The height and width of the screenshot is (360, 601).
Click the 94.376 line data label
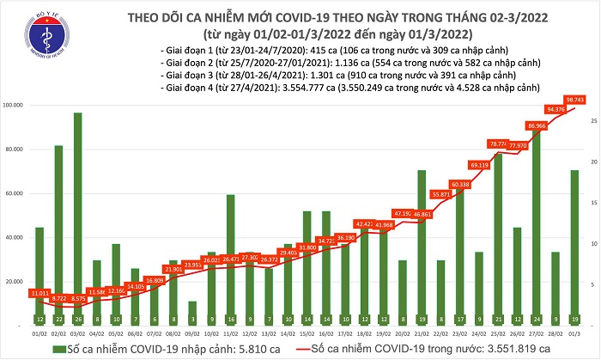pyautogui.click(x=555, y=109)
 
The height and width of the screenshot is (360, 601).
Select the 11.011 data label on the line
pyautogui.click(x=40, y=294)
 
